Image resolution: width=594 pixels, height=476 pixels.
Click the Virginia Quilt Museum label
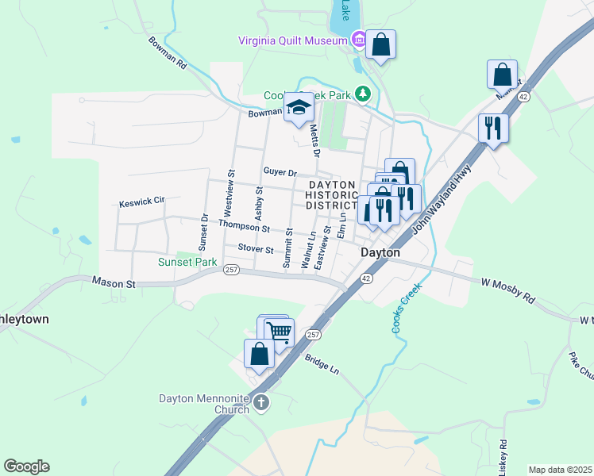pos(294,40)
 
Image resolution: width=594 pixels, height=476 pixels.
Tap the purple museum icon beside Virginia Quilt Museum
pos(359,39)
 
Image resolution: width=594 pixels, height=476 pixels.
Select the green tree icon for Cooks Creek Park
pos(363,94)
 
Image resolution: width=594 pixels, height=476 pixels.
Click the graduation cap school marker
pos(299,107)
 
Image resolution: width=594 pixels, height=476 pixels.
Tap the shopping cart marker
pos(278,331)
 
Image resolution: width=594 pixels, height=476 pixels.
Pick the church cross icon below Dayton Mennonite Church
pos(261,405)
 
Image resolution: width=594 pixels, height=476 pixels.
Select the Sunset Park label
pos(187,262)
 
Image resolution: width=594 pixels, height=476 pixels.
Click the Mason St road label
pos(114,282)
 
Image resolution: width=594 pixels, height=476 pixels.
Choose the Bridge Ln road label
pos(322,365)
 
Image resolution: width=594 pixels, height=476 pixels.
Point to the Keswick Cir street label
pos(141,202)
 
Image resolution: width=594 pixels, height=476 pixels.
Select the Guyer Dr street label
pos(280,172)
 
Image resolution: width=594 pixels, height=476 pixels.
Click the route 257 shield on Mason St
pos(231,270)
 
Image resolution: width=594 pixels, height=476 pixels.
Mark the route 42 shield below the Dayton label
pos(365,278)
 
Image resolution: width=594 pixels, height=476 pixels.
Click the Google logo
pos(26,466)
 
